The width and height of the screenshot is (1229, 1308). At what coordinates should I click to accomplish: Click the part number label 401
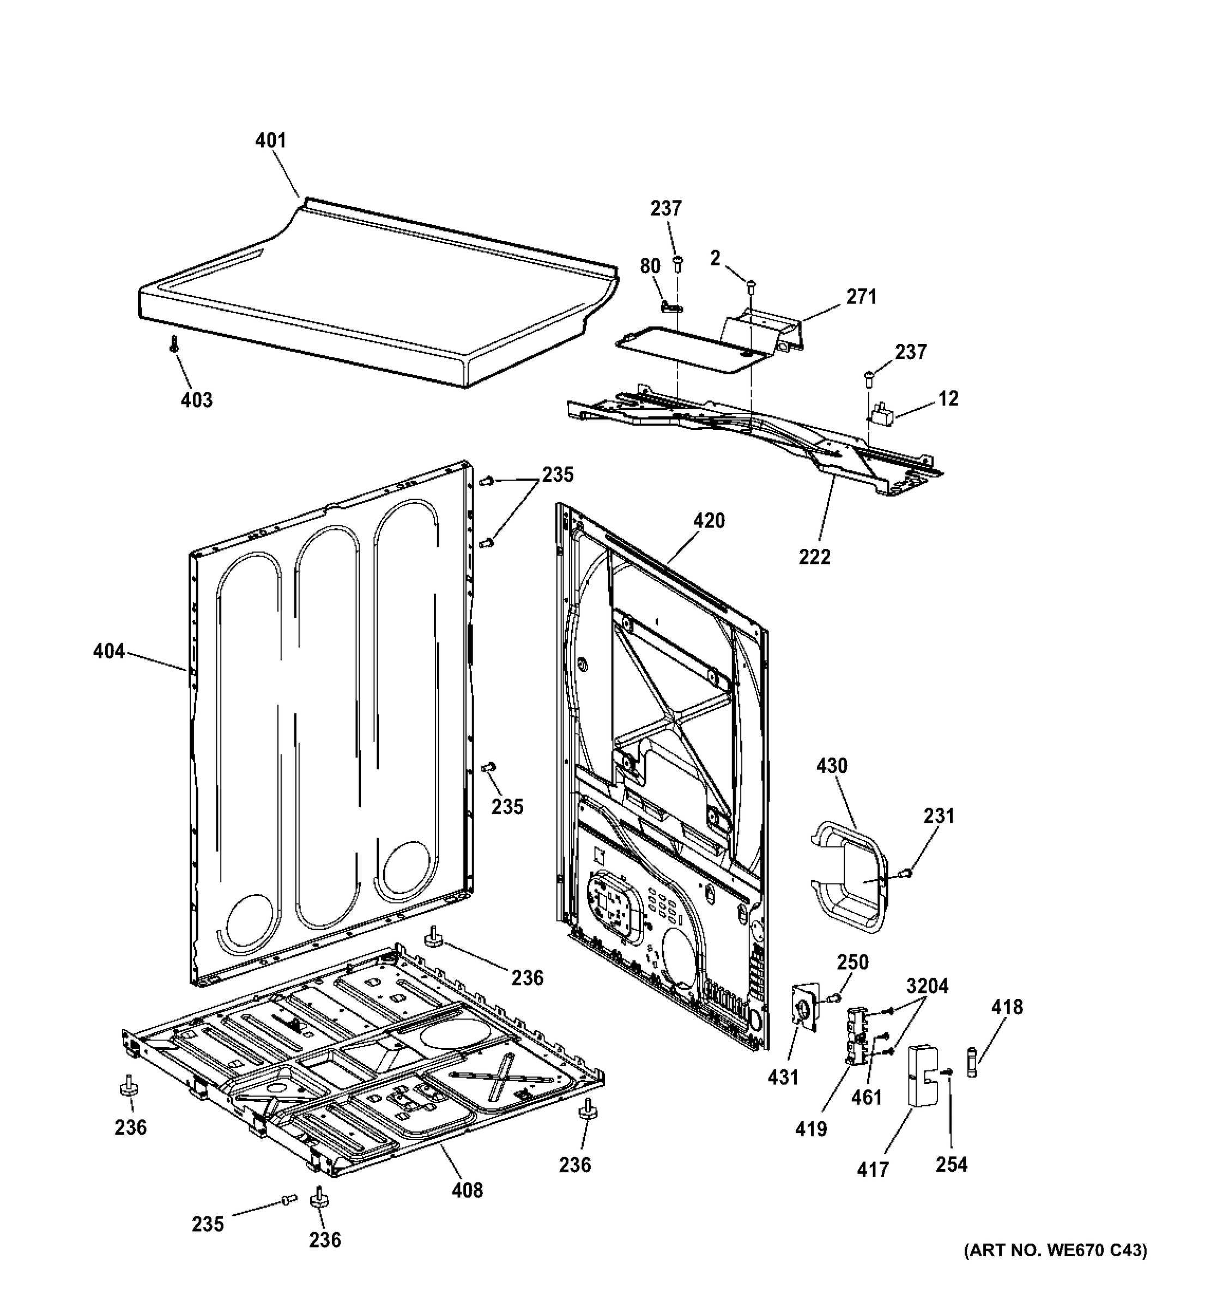click(270, 140)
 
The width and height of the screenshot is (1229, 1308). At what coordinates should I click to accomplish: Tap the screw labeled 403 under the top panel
click(174, 343)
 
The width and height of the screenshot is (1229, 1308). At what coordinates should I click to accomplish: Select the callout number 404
click(108, 651)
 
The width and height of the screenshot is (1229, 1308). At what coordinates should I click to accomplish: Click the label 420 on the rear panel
click(709, 520)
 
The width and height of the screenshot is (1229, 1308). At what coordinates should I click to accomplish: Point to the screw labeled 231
click(906, 873)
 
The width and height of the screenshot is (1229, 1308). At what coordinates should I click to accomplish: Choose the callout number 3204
click(927, 986)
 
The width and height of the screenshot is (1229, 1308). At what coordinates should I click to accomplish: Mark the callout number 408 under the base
click(467, 1190)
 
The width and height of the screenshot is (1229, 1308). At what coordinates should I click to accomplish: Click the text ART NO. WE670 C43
click(1055, 1269)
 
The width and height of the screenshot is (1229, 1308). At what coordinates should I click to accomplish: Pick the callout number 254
click(952, 1164)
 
